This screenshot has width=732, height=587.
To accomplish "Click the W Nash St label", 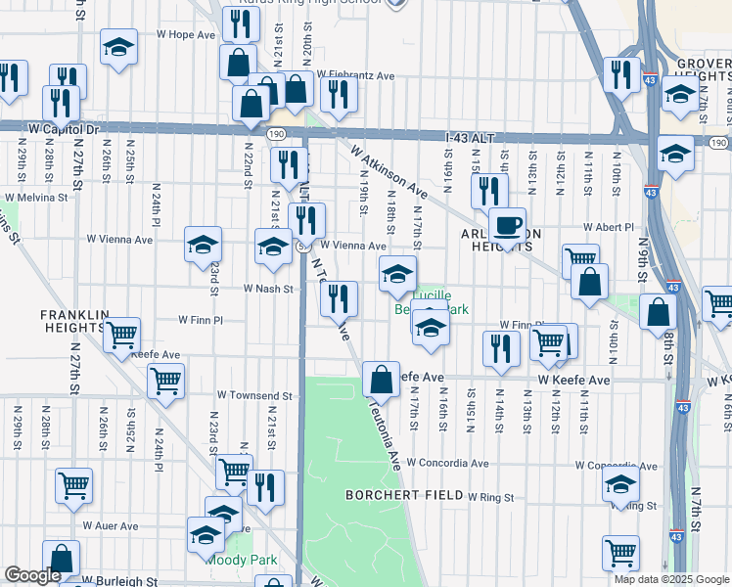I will tap(268, 289).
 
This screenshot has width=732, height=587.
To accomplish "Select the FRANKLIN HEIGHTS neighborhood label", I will tap(75, 321).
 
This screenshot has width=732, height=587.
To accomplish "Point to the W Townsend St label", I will tap(254, 396).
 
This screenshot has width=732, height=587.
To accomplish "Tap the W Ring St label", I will tap(490, 497).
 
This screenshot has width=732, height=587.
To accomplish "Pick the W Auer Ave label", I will tap(110, 525).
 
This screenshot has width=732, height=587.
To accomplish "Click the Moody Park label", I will tap(240, 560).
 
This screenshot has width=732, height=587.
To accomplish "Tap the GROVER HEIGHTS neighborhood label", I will tap(703, 69).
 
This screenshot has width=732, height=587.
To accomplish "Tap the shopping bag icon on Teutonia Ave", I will tap(381, 379).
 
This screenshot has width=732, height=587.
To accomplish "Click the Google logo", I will tap(32, 575).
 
